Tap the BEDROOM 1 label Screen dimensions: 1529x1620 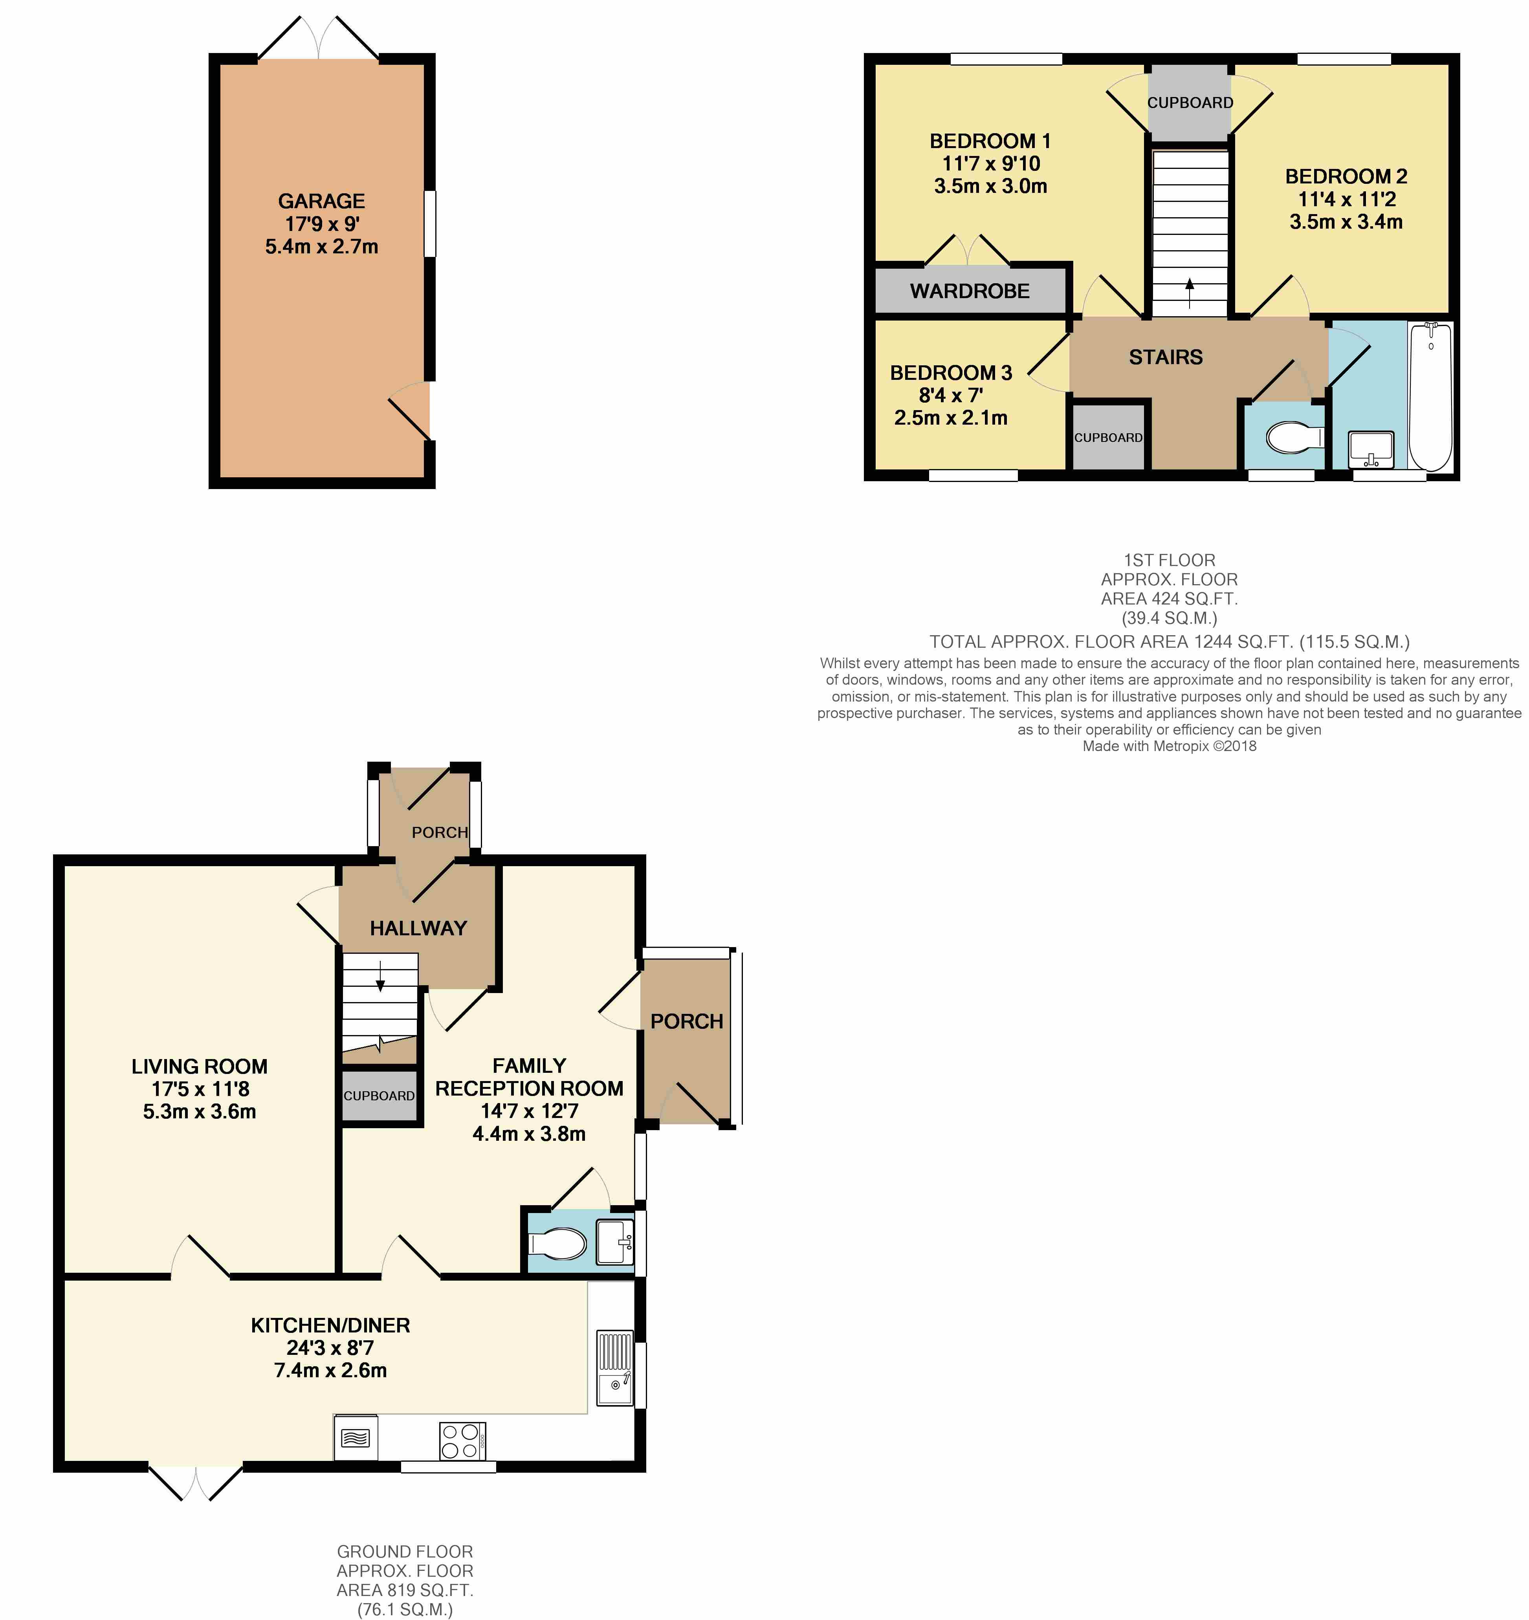(990, 141)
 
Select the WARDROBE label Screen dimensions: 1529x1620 (970, 291)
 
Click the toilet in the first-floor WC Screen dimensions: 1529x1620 (1294, 438)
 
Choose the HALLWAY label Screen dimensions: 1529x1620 (418, 928)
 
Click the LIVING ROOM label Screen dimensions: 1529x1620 (200, 1067)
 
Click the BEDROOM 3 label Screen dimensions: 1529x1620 (951, 373)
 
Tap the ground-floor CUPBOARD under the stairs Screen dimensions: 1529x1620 (379, 1096)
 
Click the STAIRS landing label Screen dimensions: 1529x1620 (1166, 357)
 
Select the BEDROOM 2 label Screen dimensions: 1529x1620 (1346, 176)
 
